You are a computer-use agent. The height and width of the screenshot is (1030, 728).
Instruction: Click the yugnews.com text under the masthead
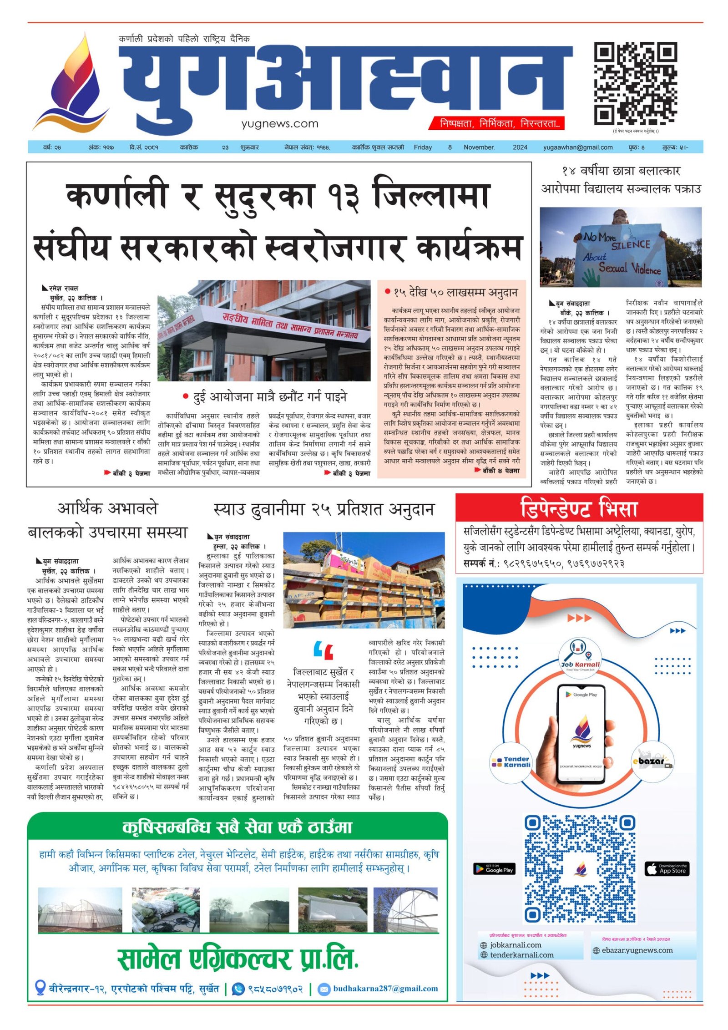point(279,123)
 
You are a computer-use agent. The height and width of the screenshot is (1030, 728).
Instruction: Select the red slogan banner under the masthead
point(496,123)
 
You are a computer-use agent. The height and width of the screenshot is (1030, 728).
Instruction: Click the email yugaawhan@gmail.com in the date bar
point(577,147)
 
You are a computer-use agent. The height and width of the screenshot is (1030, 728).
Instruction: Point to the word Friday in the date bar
point(423,147)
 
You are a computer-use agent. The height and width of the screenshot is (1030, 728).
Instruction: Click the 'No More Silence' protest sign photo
point(620,247)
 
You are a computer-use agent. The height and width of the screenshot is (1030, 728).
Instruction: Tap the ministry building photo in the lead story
point(264,330)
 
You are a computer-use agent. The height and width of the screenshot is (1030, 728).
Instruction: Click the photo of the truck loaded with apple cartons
point(364,580)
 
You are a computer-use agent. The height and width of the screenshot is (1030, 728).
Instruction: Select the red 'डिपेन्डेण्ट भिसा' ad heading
point(579,508)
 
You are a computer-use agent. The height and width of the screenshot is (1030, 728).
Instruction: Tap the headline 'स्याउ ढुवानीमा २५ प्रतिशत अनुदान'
point(324,509)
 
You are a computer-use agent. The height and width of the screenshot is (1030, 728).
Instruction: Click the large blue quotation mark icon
point(323,651)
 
